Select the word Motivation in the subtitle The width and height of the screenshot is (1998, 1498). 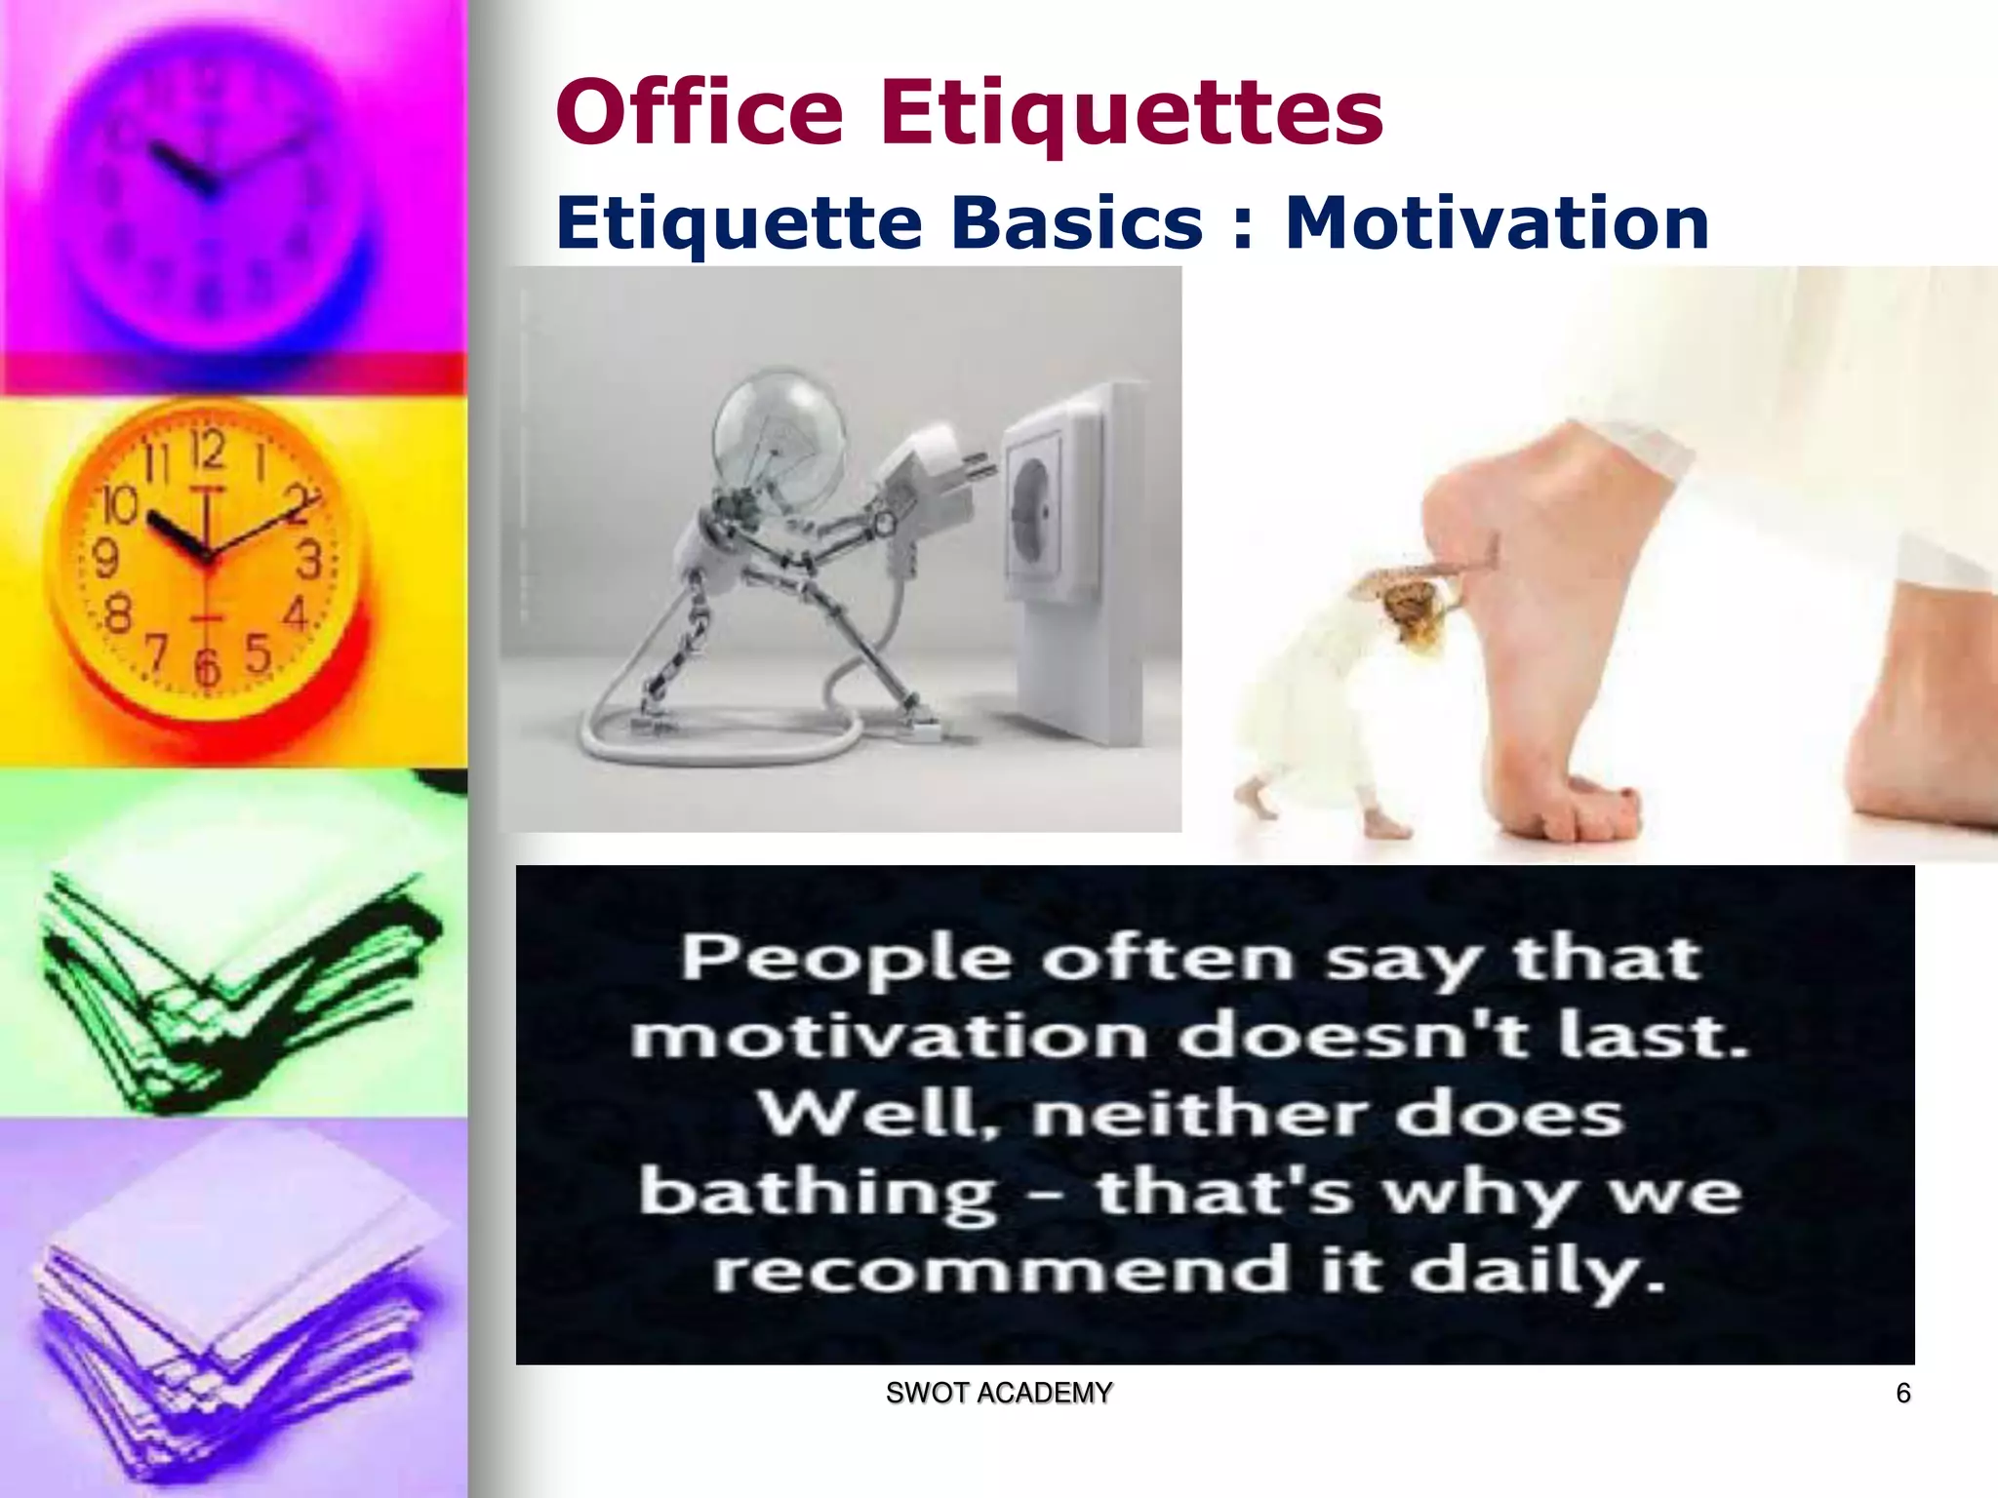tap(1497, 222)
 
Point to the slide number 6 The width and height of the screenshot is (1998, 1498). tap(1902, 1393)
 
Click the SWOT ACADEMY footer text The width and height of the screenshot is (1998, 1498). tap(998, 1393)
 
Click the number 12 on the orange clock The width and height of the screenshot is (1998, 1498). tap(208, 450)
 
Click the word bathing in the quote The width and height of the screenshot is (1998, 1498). tap(818, 1194)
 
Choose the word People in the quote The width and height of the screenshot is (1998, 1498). tap(845, 959)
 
